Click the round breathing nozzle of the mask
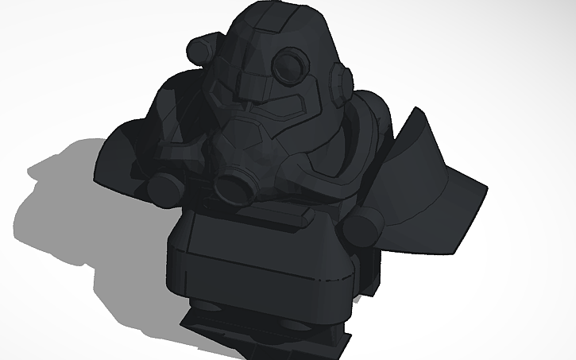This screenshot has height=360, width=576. [x=235, y=187]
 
